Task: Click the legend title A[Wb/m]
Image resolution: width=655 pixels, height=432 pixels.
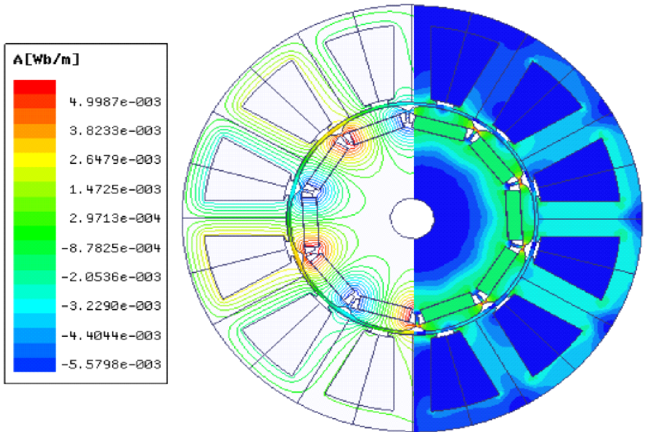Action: (46, 60)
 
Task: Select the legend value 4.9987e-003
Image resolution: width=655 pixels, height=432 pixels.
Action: (115, 102)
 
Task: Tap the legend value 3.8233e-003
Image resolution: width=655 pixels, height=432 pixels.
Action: (115, 131)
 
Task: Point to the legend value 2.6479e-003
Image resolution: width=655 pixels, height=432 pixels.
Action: (115, 160)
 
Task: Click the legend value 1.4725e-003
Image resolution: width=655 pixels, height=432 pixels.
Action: (115, 189)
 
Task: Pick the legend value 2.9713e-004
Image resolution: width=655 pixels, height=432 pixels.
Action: (115, 218)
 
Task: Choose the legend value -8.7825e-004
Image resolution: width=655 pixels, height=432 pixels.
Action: (111, 248)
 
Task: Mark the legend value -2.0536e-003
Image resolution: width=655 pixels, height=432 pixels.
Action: (111, 277)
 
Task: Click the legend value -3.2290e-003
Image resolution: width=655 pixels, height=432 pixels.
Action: (111, 306)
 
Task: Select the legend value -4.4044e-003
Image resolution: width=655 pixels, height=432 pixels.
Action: (111, 336)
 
